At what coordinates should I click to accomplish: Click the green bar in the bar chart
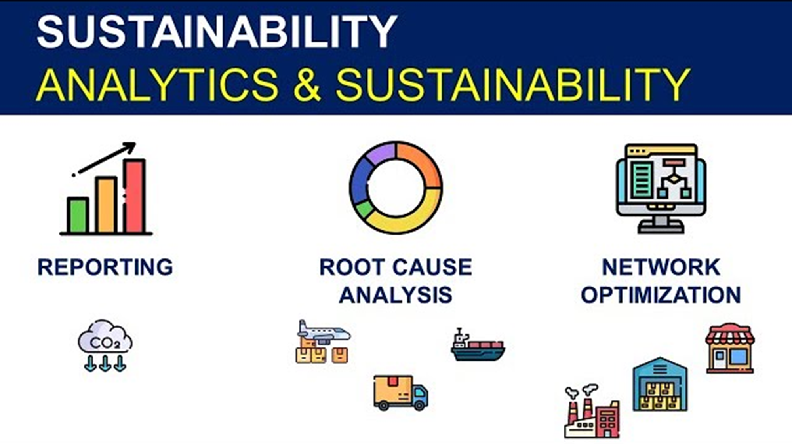[78, 215]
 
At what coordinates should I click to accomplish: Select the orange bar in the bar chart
[106, 205]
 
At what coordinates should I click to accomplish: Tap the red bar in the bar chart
[134, 196]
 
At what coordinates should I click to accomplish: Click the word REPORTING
[105, 267]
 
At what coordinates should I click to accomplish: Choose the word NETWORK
[661, 267]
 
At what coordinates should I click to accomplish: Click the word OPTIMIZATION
[661, 295]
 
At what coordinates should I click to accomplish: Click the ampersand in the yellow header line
[307, 85]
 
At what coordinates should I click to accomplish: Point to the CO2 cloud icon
[105, 345]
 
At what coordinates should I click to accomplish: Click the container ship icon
[478, 345]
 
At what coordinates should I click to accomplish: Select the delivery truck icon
[401, 393]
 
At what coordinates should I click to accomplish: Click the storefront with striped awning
[730, 349]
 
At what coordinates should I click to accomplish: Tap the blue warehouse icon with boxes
[660, 384]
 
